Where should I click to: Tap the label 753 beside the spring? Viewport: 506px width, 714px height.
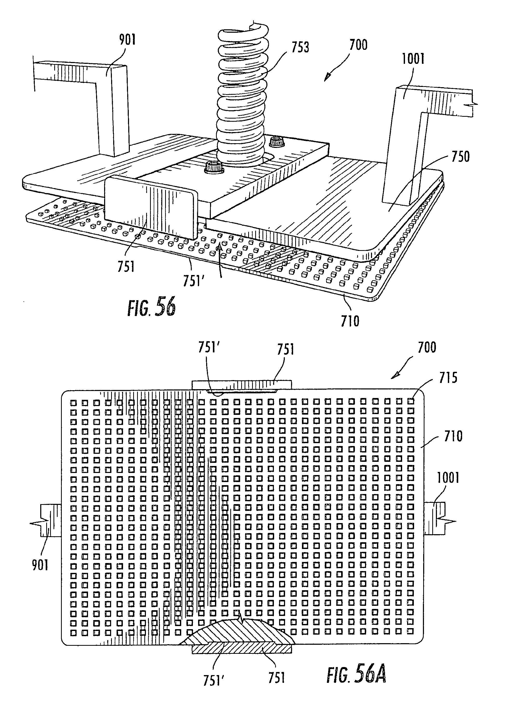[300, 47]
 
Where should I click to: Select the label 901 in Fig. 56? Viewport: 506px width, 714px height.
[127, 40]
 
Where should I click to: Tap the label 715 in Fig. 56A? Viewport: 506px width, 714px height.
[448, 378]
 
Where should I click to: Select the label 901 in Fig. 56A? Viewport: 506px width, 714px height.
[40, 565]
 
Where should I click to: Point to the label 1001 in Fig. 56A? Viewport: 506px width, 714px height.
[448, 478]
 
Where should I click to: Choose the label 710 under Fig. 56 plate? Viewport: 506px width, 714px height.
[350, 321]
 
